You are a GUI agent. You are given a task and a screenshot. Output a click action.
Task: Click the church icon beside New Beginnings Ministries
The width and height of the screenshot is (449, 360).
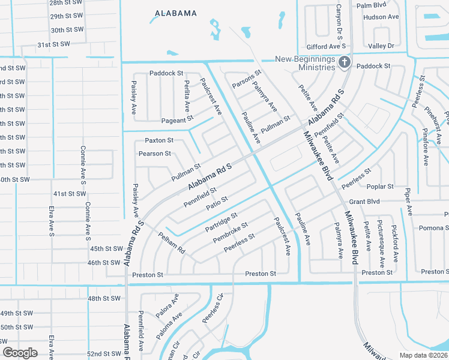click(345, 62)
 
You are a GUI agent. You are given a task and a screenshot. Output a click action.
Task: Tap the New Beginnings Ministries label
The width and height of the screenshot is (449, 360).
click(305, 62)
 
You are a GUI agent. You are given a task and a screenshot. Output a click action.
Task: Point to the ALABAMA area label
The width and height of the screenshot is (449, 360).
click(176, 13)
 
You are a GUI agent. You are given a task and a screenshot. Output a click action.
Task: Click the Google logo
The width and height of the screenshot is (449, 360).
click(20, 352)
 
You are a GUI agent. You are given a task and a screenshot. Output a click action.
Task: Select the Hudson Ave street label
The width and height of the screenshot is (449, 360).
click(381, 17)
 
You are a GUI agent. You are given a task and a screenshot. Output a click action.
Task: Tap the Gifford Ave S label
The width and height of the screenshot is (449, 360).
click(326, 46)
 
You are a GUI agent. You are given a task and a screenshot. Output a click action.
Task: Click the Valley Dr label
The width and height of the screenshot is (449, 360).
click(381, 46)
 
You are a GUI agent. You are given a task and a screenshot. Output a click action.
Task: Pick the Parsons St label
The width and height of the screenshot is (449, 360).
click(247, 80)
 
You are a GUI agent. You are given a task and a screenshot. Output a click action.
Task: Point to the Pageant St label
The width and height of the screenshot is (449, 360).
click(177, 120)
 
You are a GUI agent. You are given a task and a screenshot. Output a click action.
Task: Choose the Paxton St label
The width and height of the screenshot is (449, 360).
click(159, 140)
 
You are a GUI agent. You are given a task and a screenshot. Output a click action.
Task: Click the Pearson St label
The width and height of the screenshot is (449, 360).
click(155, 154)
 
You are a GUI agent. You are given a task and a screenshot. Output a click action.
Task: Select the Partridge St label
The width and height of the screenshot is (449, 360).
click(221, 221)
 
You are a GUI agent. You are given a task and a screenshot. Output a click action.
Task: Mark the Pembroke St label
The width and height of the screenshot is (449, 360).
click(231, 232)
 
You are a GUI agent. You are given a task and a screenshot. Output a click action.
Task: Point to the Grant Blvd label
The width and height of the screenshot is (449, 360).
click(366, 202)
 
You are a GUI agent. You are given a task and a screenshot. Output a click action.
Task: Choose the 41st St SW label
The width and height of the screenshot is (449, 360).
click(70, 194)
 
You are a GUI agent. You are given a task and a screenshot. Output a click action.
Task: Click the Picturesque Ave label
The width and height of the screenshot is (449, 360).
click(381, 244)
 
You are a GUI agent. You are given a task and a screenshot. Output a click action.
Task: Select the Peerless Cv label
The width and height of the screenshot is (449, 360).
click(212, 310)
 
